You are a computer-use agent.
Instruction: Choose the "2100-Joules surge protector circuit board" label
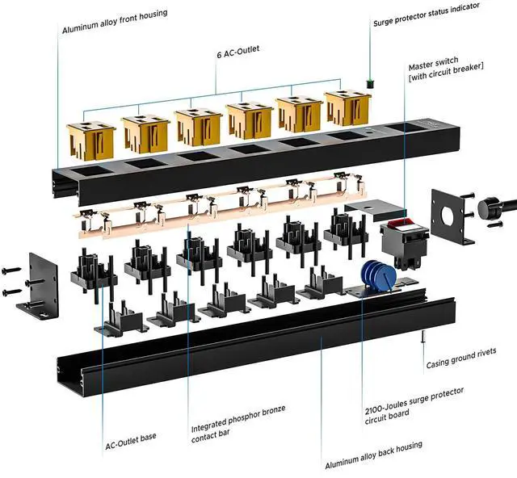click(414, 402)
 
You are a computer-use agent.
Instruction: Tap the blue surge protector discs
click(373, 275)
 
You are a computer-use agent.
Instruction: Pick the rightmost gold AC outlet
click(348, 108)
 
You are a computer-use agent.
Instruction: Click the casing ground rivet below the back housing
click(423, 339)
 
